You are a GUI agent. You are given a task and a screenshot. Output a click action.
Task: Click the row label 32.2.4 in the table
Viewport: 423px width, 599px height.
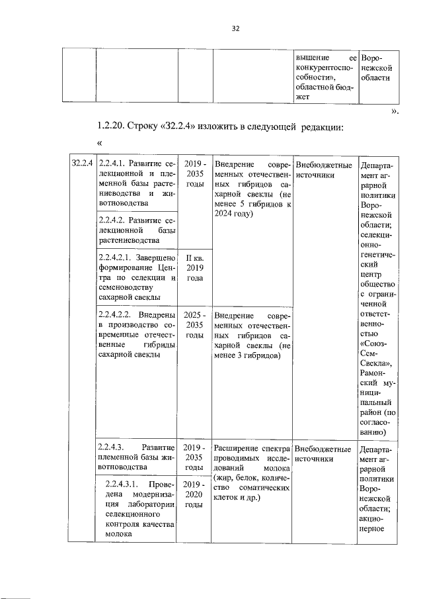pos(83,163)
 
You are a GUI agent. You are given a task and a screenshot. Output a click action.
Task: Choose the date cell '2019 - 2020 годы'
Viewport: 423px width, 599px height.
pos(194,494)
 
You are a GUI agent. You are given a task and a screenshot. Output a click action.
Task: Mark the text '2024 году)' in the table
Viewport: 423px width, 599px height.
pos(235,214)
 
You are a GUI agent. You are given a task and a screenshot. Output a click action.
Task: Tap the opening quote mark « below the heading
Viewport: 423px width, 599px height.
pos(100,143)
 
